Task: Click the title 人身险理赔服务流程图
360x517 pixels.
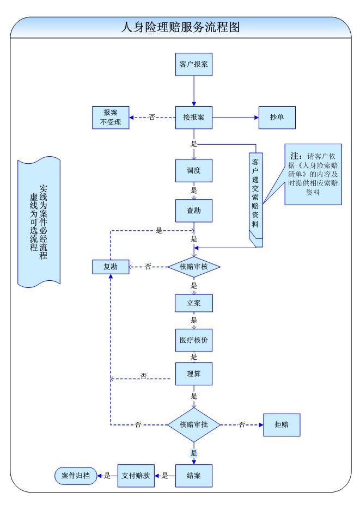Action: [x=180, y=27]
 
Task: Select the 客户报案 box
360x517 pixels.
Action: [x=193, y=64]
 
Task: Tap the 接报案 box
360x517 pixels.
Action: [x=193, y=117]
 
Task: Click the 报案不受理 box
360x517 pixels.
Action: [x=111, y=117]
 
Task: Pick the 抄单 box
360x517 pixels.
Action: [x=276, y=117]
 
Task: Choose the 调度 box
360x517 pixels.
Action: [x=193, y=170]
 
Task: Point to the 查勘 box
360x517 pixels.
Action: [x=193, y=211]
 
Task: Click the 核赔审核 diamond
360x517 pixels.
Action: [x=193, y=267]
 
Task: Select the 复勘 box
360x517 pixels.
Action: [x=111, y=267]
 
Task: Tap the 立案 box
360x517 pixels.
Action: [x=193, y=303]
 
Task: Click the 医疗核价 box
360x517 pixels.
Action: [x=193, y=340]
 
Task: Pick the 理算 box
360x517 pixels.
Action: [x=193, y=374]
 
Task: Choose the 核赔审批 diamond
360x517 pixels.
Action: [x=193, y=424]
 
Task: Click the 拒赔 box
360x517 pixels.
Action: [x=281, y=424]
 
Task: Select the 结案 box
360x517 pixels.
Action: [x=193, y=475]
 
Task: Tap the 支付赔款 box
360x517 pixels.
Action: [x=136, y=475]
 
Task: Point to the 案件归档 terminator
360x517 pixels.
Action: [x=75, y=476]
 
